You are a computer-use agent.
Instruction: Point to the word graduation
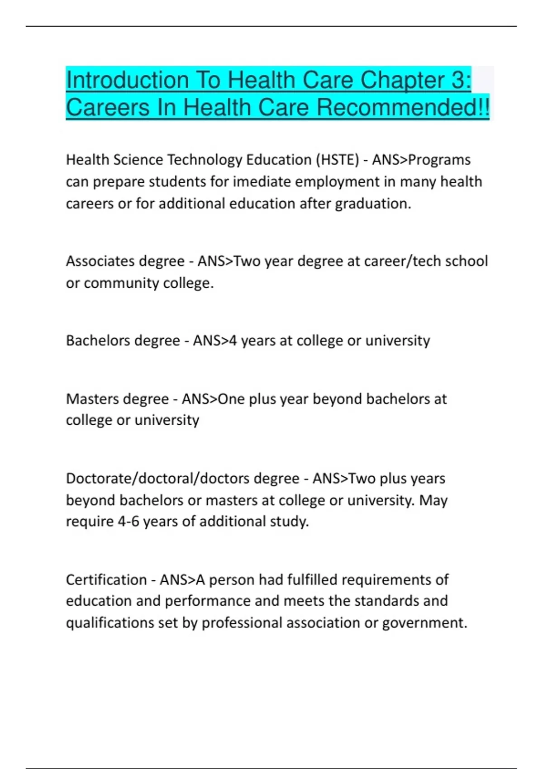[x=373, y=204]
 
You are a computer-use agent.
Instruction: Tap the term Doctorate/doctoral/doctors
[x=183, y=478]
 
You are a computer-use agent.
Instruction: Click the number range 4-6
[x=129, y=522]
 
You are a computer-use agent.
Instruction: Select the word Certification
[x=106, y=579]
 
